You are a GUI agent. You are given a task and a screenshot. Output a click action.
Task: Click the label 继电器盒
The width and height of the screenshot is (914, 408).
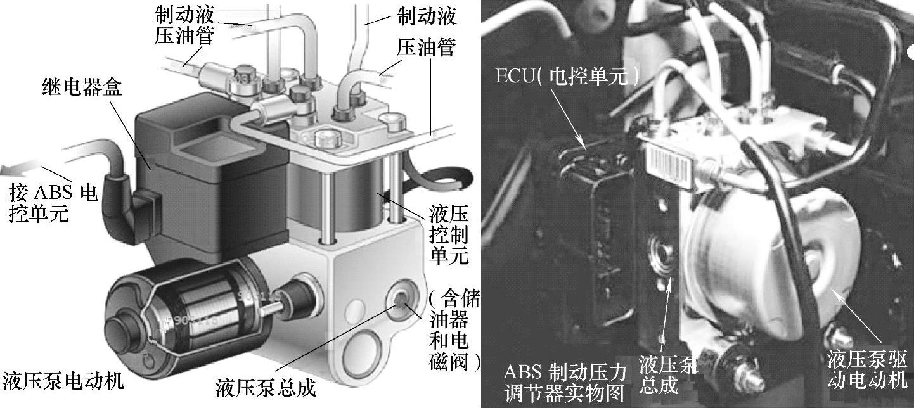[x=82, y=87]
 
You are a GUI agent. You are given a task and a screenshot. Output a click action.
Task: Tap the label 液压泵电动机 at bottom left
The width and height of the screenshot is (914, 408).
[x=63, y=381]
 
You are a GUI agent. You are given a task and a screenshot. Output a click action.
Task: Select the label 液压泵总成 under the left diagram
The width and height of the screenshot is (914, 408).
[x=266, y=388]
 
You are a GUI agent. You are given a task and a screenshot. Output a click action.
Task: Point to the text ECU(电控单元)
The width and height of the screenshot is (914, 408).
[x=567, y=76]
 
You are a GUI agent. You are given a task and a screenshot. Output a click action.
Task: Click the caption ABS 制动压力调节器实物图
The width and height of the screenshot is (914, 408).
[x=565, y=382]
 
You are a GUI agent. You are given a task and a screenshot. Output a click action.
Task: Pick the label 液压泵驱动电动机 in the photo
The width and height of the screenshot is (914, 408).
[x=868, y=369]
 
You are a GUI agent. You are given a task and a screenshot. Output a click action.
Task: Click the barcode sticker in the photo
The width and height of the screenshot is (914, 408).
[x=669, y=168]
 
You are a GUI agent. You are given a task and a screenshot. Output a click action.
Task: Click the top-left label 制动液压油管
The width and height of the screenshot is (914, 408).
[x=184, y=25]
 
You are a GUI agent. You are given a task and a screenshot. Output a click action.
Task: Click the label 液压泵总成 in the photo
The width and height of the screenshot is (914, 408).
[x=667, y=374]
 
